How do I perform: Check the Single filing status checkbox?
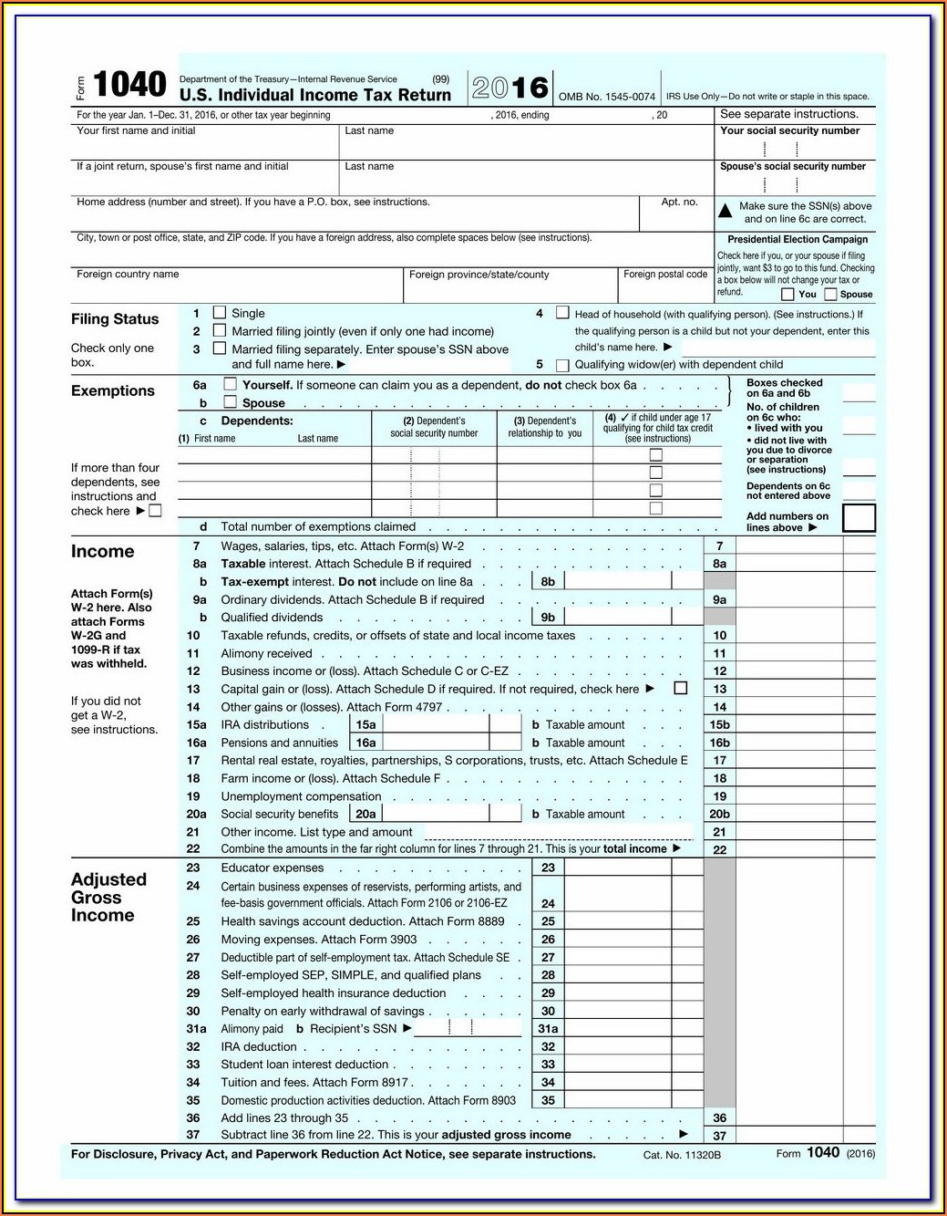click(x=220, y=312)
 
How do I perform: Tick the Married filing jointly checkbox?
click(x=220, y=330)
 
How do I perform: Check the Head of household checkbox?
click(x=562, y=313)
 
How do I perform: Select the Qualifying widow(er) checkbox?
click(x=562, y=365)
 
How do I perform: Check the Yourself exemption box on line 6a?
click(x=231, y=384)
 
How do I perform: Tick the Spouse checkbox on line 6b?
click(x=231, y=401)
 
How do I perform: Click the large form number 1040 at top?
click(x=129, y=85)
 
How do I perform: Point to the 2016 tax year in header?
click(x=510, y=88)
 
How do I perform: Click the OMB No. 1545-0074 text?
click(x=606, y=97)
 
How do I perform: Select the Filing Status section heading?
click(x=115, y=319)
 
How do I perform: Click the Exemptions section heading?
click(x=113, y=391)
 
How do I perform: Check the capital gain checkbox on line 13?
click(x=680, y=688)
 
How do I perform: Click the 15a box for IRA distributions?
click(x=365, y=725)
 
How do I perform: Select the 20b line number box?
click(x=720, y=814)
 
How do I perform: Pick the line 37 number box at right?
click(x=720, y=1136)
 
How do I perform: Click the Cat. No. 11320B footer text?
click(x=682, y=1155)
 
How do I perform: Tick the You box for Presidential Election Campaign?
click(x=787, y=295)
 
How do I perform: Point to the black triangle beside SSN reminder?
click(x=726, y=211)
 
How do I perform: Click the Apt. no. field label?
click(x=679, y=203)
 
